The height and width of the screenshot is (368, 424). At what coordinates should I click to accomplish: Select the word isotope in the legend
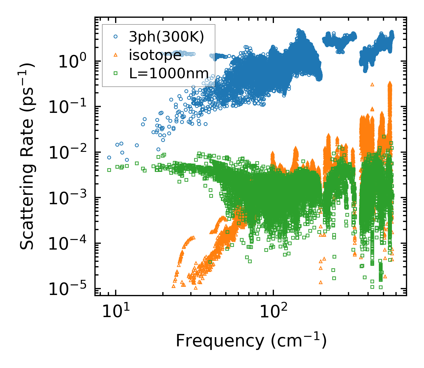pos(155,55)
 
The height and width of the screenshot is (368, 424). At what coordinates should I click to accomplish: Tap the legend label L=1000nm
pos(169,73)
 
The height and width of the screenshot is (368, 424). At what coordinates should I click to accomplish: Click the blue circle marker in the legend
pos(115,37)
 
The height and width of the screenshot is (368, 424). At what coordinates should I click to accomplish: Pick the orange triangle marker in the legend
pos(115,55)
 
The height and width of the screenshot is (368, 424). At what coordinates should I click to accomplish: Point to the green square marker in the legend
pos(115,73)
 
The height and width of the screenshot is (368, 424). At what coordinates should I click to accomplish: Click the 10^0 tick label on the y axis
pos(74,62)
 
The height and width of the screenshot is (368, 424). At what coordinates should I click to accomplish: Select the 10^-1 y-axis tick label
pos(70,107)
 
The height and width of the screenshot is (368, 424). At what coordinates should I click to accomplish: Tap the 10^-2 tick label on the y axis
pos(70,153)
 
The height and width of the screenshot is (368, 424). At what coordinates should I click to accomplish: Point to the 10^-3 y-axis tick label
pos(70,198)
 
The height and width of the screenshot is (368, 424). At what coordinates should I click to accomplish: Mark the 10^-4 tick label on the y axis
pos(70,243)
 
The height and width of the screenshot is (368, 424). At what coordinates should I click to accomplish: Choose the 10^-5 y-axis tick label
pos(70,289)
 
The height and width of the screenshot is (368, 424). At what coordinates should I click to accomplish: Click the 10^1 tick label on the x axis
pos(115,312)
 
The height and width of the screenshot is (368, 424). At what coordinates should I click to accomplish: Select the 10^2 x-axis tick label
pos(272,312)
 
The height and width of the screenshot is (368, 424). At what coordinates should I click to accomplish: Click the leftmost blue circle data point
pos(109,157)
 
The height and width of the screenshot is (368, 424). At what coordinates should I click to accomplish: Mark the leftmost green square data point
pos(109,170)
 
